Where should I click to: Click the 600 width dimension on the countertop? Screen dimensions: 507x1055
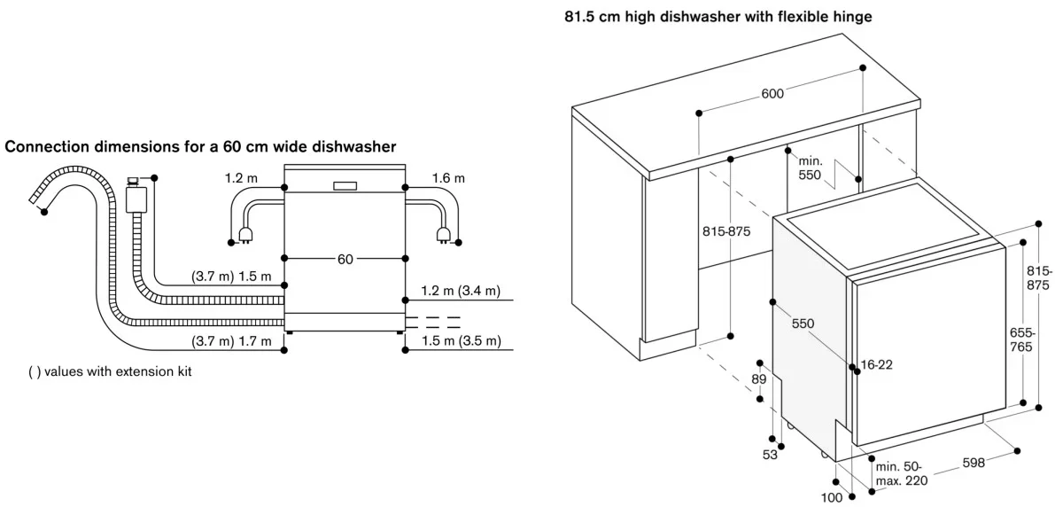[771, 94]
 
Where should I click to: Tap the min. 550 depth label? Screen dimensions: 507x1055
[811, 168]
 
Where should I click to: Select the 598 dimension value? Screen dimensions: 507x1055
[972, 461]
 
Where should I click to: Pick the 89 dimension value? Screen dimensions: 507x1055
[758, 380]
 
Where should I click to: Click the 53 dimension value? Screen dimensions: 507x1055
[769, 455]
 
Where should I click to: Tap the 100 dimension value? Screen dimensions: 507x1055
[831, 497]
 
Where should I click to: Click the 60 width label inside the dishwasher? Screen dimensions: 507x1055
[345, 259]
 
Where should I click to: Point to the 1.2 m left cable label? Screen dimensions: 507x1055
[241, 178]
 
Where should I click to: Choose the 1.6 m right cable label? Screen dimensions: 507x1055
[448, 178]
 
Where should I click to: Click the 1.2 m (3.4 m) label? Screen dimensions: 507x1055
[461, 291]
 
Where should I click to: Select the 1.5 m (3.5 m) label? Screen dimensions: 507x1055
[461, 341]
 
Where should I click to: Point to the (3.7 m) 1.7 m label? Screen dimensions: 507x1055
[231, 341]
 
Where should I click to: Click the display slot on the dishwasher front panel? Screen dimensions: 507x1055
[345, 186]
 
